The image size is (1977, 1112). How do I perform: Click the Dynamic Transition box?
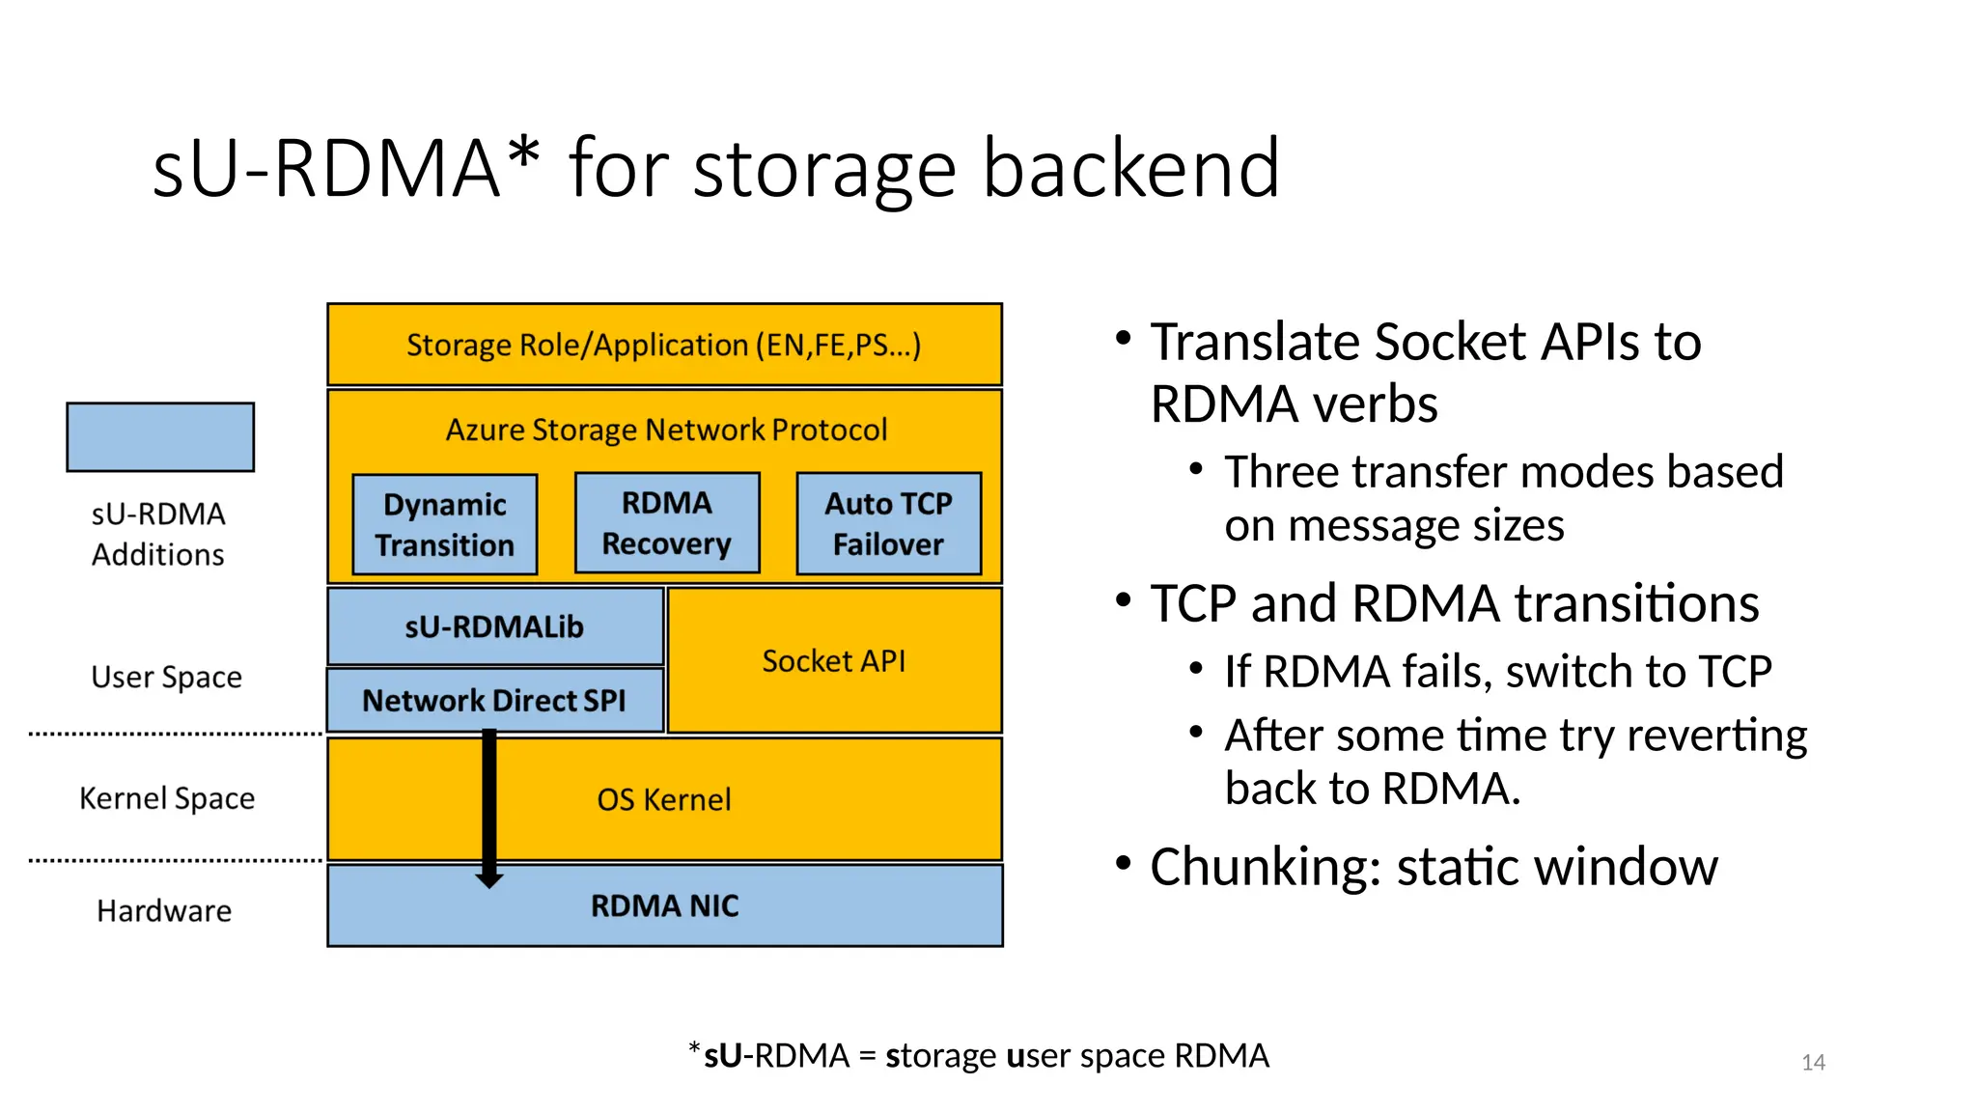[x=445, y=524]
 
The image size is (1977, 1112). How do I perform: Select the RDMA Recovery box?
[x=667, y=522]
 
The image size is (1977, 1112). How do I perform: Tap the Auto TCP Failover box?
[x=888, y=523]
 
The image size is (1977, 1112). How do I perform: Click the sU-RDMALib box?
[x=494, y=626]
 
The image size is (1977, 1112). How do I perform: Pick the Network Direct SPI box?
[x=494, y=700]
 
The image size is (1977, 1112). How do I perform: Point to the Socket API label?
[x=834, y=661]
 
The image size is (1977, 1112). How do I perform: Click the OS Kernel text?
[x=664, y=799]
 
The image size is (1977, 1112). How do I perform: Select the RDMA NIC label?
[x=664, y=905]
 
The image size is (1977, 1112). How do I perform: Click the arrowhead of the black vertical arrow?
[x=489, y=879]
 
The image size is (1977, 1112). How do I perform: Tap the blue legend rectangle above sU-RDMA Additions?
[x=160, y=437]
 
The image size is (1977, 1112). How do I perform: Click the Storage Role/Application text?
[x=664, y=345]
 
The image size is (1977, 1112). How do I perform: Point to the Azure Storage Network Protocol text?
[x=666, y=430]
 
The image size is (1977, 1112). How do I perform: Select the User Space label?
[x=166, y=677]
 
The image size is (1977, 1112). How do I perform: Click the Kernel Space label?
[x=167, y=798]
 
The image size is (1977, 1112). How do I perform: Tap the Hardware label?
[x=164, y=910]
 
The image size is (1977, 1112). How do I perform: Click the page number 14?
[x=1813, y=1063]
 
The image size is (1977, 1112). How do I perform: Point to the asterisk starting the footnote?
[x=694, y=1047]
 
